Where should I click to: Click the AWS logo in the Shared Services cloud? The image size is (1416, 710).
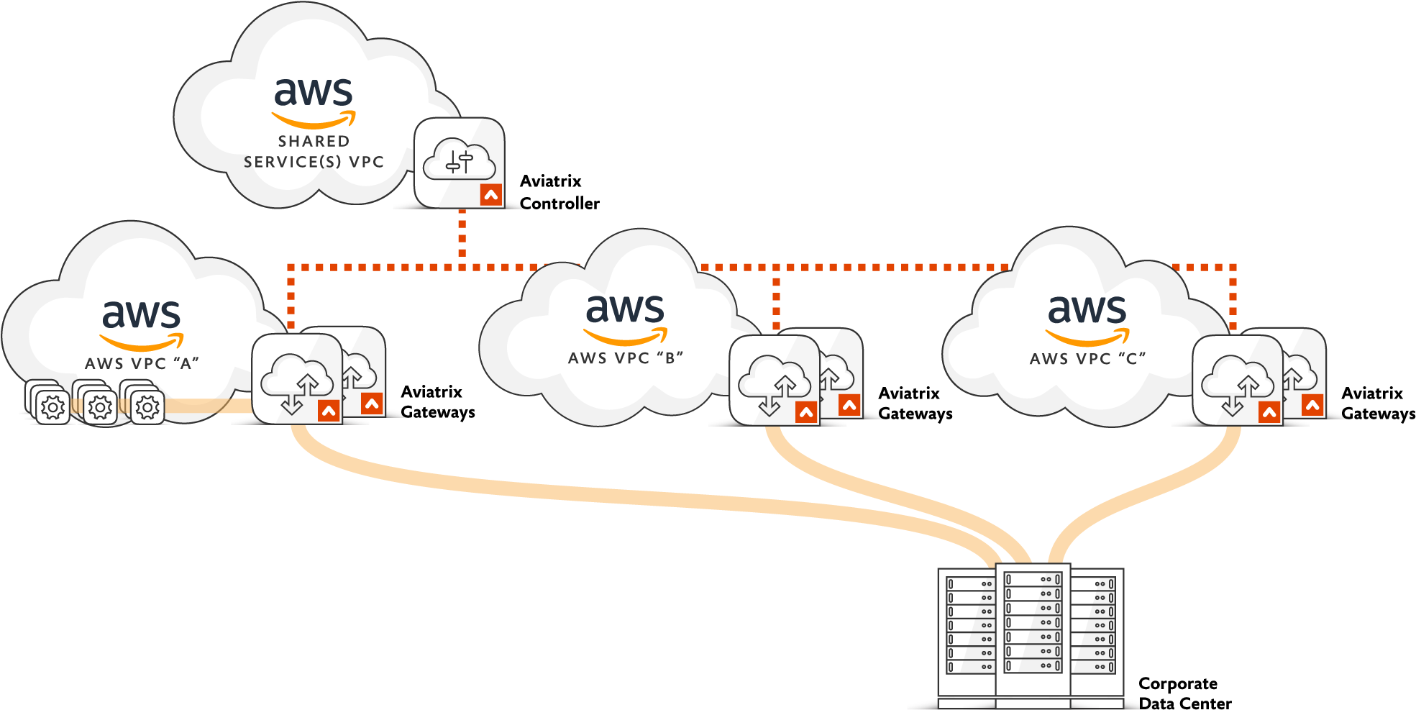click(x=314, y=101)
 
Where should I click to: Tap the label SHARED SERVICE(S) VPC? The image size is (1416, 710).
click(x=314, y=152)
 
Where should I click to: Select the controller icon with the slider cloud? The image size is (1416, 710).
click(x=459, y=162)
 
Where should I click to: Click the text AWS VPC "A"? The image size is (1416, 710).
click(x=142, y=364)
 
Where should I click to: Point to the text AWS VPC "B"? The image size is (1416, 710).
click(x=625, y=358)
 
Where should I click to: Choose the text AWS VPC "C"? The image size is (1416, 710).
click(x=1087, y=359)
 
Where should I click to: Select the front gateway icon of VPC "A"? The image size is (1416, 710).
click(x=296, y=378)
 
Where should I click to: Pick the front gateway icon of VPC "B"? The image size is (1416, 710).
click(x=775, y=380)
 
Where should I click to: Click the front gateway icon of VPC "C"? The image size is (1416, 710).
click(x=1238, y=380)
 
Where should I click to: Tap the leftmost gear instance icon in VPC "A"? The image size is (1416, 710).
click(x=52, y=407)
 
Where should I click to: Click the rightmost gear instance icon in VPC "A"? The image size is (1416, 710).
click(x=147, y=407)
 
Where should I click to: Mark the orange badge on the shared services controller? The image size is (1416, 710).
click(x=491, y=195)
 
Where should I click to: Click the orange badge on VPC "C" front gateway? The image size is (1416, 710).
click(x=1269, y=412)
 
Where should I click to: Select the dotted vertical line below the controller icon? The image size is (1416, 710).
click(x=462, y=234)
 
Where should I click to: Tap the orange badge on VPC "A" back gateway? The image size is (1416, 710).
click(x=372, y=404)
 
